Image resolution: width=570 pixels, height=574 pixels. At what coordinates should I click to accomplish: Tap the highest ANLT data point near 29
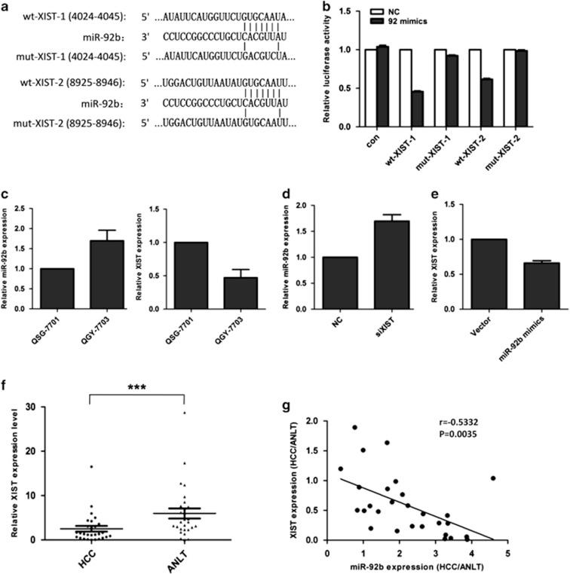click(183, 413)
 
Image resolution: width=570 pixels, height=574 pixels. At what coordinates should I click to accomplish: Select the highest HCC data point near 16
click(91, 467)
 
